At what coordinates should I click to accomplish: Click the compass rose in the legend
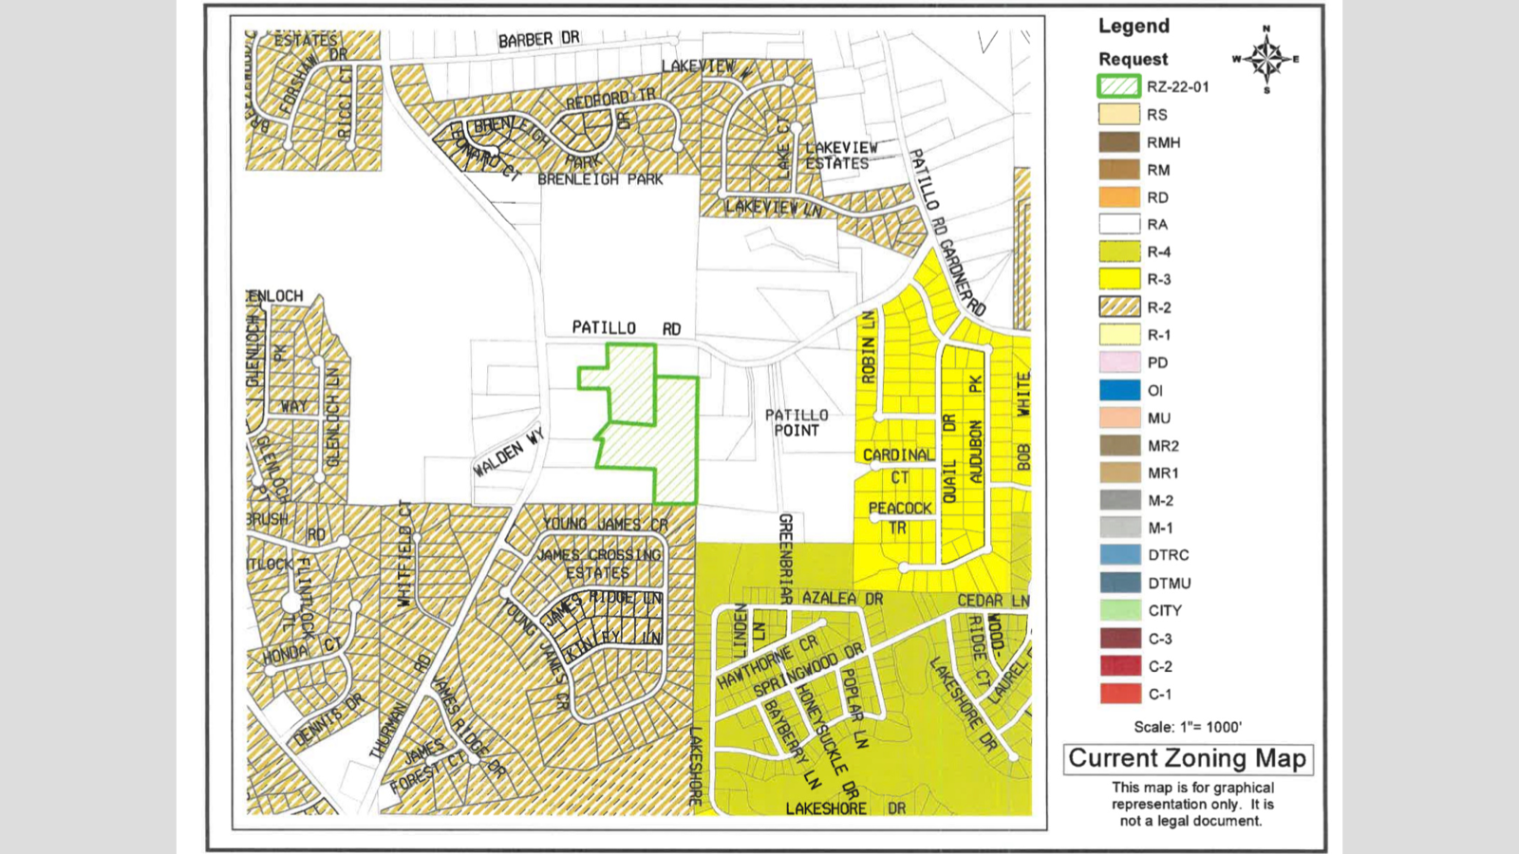(x=1266, y=59)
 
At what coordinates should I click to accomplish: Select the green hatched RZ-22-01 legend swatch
(x=1119, y=86)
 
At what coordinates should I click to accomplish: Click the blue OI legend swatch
(x=1119, y=390)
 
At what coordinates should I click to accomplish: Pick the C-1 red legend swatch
(x=1119, y=694)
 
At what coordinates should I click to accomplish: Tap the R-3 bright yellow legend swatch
(x=1119, y=279)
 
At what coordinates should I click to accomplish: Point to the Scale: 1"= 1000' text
(x=1187, y=727)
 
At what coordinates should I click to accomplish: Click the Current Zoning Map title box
(x=1188, y=759)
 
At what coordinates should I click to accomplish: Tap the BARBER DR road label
(x=538, y=40)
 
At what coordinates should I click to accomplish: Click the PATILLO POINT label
(x=797, y=422)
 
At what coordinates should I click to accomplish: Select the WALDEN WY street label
(x=508, y=453)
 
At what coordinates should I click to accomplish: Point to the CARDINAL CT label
(x=898, y=466)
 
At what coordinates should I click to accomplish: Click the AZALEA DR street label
(x=842, y=599)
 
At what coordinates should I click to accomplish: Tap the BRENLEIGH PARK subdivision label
(x=600, y=179)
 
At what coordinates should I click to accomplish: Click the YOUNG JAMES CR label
(x=605, y=524)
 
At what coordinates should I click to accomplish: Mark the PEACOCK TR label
(x=899, y=518)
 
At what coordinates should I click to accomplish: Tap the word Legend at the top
(x=1134, y=27)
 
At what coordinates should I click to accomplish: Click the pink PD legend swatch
(x=1119, y=362)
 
